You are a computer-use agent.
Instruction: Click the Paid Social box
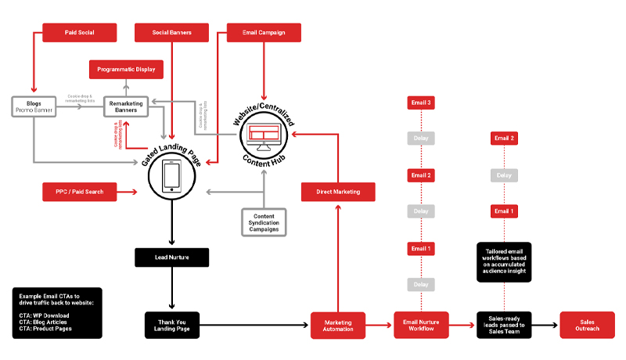(x=79, y=32)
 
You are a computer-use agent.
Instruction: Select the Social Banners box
(x=171, y=32)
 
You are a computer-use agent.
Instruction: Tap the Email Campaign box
(x=263, y=32)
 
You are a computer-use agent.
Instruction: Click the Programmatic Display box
(x=126, y=70)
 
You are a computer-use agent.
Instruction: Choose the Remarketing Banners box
(x=126, y=106)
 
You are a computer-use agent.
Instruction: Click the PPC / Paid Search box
(x=79, y=191)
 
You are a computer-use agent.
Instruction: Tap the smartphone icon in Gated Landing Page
(x=171, y=177)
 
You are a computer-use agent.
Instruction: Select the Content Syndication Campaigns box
(x=263, y=221)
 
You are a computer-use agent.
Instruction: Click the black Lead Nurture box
(x=171, y=257)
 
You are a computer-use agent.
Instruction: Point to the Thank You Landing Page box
(x=171, y=325)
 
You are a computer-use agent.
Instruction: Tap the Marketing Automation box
(x=338, y=325)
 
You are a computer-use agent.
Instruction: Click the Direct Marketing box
(x=338, y=191)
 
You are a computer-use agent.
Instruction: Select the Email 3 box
(x=420, y=103)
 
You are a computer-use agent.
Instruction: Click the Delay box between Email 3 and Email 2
(x=420, y=139)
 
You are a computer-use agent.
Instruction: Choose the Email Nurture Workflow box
(x=420, y=325)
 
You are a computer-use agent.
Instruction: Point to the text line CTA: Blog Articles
(x=44, y=322)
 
